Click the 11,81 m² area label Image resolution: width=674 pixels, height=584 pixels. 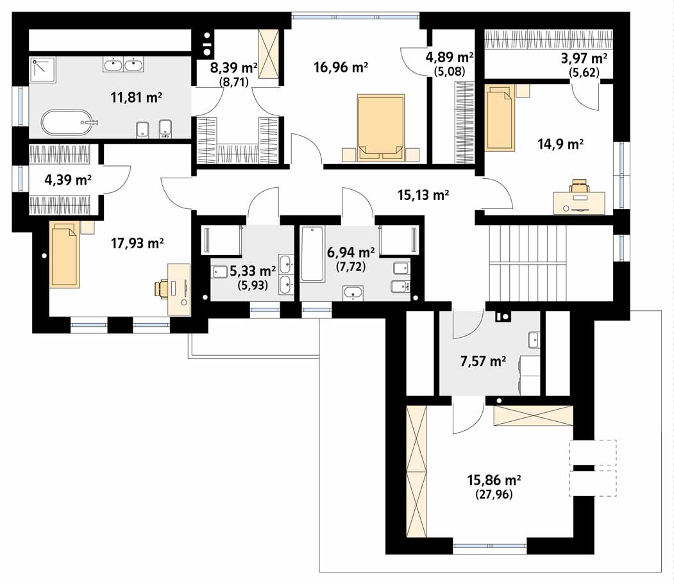coord(136,97)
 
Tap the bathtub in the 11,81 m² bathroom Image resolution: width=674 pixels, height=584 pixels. coord(67,122)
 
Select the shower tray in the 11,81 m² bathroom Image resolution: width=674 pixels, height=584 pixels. coord(43,70)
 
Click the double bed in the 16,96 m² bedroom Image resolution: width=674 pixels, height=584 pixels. coord(381,128)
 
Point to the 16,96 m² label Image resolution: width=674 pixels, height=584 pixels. coord(341,67)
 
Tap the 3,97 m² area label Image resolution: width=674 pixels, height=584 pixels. coord(584,58)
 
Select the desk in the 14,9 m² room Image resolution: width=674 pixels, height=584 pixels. coord(579,203)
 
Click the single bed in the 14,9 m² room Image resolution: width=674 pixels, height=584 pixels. coord(500,117)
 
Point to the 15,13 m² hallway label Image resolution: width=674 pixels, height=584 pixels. coord(423,195)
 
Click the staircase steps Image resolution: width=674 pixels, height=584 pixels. coord(527,263)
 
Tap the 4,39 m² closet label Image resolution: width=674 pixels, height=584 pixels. coord(68,179)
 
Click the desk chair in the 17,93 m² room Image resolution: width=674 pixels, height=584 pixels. coord(162,288)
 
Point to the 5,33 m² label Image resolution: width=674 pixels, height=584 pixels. coord(253,271)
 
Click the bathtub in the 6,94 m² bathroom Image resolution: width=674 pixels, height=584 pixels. coord(312,254)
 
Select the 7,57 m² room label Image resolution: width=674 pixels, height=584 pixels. coord(483,362)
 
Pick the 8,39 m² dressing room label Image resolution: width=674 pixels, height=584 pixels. coord(234,67)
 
